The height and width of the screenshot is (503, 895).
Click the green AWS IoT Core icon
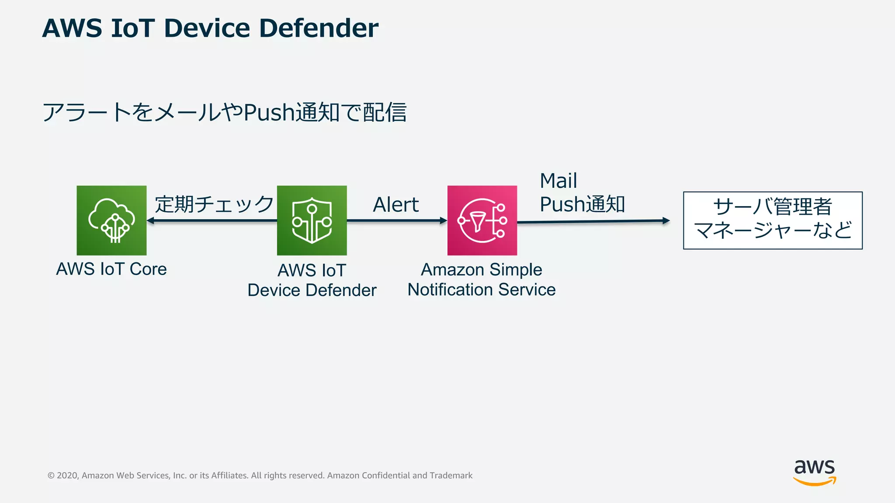[111, 220]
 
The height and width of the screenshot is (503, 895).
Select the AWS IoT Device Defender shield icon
[312, 220]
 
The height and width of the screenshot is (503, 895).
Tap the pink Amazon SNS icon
[482, 220]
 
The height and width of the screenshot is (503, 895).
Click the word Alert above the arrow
[395, 204]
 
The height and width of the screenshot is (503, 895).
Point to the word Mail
[558, 181]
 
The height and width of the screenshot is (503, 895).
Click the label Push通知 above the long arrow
[582, 204]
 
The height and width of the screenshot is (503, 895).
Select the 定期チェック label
[214, 204]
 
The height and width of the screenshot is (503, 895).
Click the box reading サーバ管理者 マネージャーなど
[773, 220]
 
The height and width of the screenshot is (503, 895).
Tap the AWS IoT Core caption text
[111, 269]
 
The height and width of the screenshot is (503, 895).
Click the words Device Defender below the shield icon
[312, 290]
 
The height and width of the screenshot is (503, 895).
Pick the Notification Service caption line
[481, 289]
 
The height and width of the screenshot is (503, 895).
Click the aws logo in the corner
[814, 472]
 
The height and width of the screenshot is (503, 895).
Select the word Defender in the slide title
[319, 28]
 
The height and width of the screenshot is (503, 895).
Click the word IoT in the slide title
[133, 28]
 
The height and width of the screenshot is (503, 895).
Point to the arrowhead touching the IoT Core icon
[150, 220]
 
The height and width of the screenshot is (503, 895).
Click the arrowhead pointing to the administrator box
[666, 220]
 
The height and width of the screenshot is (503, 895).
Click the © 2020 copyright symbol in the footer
[51, 475]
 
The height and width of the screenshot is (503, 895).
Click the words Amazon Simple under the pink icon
[481, 269]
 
